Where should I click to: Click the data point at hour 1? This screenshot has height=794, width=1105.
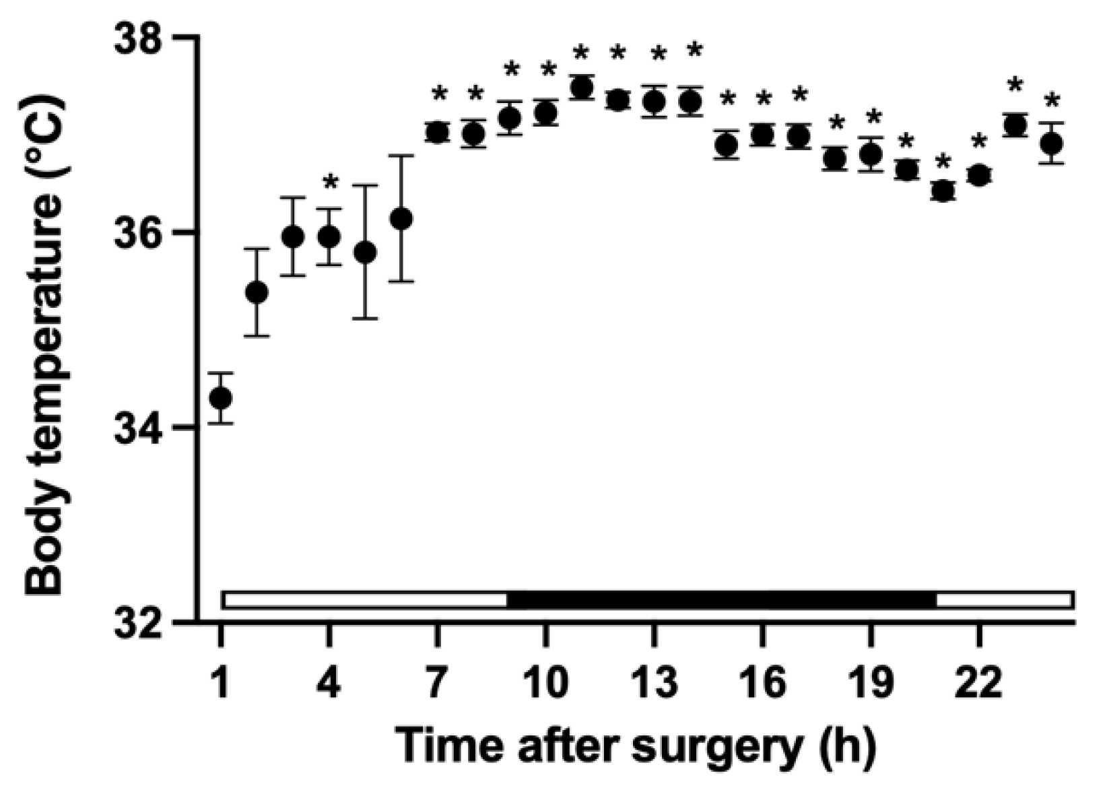click(x=220, y=398)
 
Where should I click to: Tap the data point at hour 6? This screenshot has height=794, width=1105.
click(x=401, y=219)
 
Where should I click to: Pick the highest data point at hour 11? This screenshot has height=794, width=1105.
click(x=581, y=88)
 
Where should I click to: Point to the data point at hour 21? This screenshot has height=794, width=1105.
click(x=943, y=191)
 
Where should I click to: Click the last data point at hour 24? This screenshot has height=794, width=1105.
click(x=1051, y=144)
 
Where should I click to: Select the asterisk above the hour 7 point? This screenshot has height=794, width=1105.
click(x=438, y=93)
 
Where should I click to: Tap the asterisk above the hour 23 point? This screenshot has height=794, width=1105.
click(x=1015, y=86)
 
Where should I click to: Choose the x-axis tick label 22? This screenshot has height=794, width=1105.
click(x=978, y=683)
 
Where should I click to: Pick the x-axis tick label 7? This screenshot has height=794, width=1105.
click(x=436, y=683)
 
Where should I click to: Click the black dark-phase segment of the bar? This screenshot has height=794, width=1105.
click(x=722, y=599)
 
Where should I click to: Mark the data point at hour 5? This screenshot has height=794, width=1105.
click(x=365, y=253)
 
